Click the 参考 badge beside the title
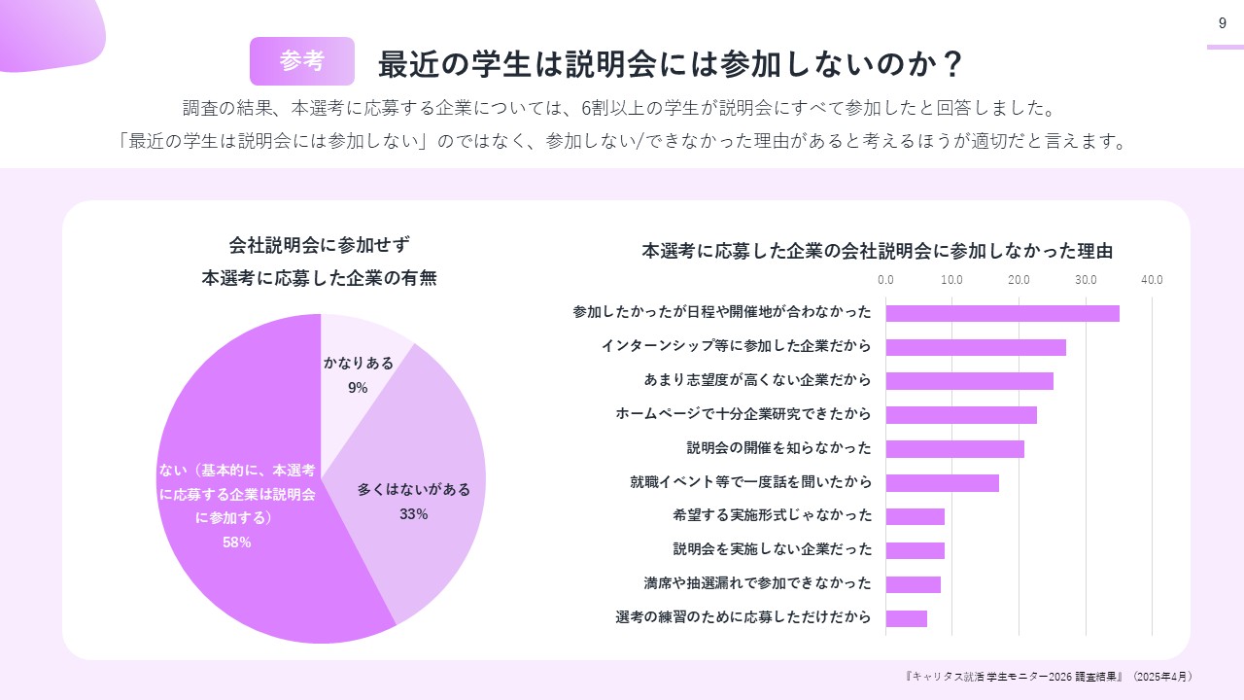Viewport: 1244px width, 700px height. [x=301, y=61]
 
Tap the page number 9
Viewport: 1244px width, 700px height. [x=1222, y=23]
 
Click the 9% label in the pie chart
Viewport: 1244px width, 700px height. [x=358, y=388]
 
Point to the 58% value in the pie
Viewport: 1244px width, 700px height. [x=236, y=542]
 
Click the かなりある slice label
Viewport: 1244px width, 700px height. [x=359, y=363]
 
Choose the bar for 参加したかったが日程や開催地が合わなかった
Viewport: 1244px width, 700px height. [x=1002, y=313]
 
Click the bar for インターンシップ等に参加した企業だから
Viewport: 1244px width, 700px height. [x=975, y=347]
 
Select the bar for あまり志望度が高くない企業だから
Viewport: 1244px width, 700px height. [x=969, y=380]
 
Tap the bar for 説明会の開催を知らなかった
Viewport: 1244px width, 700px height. [x=954, y=448]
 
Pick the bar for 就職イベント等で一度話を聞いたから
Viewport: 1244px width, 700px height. [x=942, y=482]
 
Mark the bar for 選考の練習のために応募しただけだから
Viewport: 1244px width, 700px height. [x=906, y=618]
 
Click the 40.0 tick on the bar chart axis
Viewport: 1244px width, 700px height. [x=1152, y=280]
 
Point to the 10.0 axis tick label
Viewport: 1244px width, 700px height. [x=951, y=280]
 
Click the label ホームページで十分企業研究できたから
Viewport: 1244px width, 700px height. [x=743, y=414]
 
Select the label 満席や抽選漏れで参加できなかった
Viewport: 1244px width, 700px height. [x=757, y=583]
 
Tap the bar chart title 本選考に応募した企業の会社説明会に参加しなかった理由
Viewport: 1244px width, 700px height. [x=877, y=251]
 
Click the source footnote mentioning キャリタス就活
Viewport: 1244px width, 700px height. [x=1048, y=676]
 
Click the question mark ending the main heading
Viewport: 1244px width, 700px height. [x=952, y=63]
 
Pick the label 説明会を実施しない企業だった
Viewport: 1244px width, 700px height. [x=772, y=549]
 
